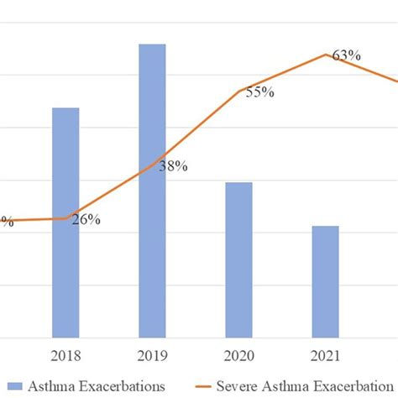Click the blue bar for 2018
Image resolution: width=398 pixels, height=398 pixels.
(x=65, y=223)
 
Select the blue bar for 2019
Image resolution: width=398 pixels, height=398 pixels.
(x=152, y=191)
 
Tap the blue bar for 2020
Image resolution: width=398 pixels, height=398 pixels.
(x=238, y=259)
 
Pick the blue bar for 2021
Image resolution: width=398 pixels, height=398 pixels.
(x=325, y=281)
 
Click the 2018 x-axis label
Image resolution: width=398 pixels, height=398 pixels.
(x=65, y=354)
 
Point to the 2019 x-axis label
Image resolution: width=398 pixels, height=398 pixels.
(x=152, y=354)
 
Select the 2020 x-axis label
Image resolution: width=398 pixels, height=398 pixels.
(x=238, y=354)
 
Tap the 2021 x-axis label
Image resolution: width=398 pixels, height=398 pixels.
(x=325, y=354)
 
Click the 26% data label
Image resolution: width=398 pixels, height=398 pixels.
(x=86, y=220)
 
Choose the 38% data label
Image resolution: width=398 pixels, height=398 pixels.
(x=173, y=166)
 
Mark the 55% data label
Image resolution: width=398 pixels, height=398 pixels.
(x=259, y=92)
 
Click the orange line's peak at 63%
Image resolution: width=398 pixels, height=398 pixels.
(x=326, y=55)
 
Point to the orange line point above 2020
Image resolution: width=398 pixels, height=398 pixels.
(x=239, y=91)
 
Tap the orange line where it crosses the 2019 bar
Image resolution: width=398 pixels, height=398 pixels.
(x=152, y=165)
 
